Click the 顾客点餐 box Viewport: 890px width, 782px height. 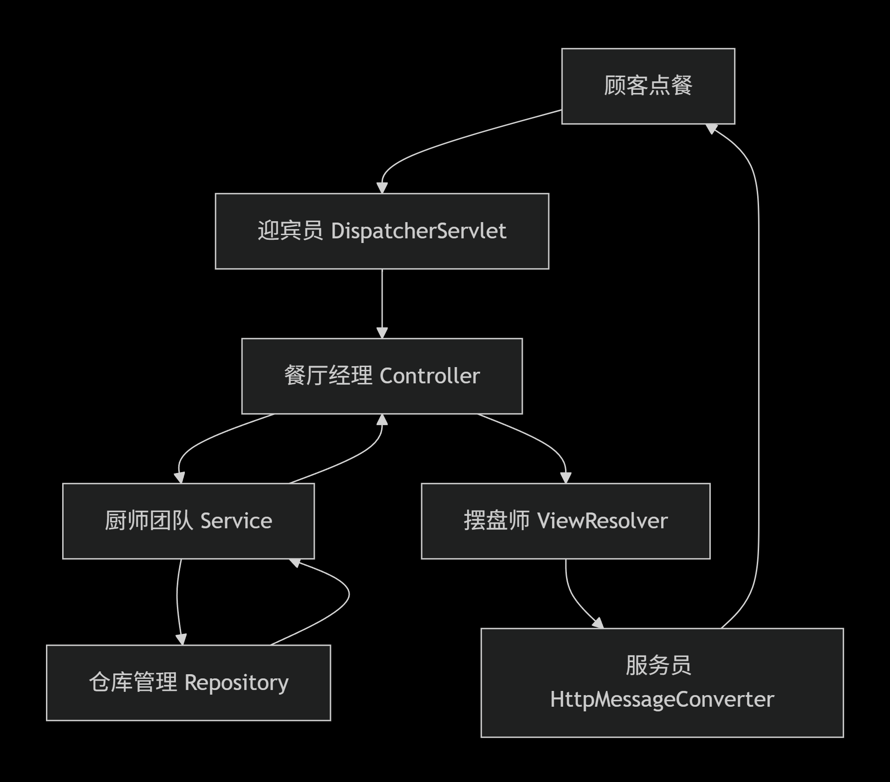[648, 86]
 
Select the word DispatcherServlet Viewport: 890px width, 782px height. [418, 231]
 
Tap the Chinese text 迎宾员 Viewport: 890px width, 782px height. [290, 231]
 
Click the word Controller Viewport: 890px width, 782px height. [429, 376]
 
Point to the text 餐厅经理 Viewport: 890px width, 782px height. [328, 376]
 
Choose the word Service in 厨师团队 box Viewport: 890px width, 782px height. [236, 521]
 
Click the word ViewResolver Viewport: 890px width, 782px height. [602, 521]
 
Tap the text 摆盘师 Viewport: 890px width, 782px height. [496, 521]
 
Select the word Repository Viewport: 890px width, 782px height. [236, 683]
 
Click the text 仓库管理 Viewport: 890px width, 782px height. [133, 683]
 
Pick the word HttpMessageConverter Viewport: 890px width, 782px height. [662, 700]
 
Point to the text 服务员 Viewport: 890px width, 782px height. [658, 665]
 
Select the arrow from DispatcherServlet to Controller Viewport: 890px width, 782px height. [382, 302]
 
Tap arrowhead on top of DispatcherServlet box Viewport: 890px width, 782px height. [382, 188]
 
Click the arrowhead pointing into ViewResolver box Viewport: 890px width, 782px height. [565, 478]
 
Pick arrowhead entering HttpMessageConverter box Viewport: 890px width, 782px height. [598, 623]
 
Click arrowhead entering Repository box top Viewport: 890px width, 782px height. [181, 639]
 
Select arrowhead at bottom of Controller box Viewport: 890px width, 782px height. [382, 420]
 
